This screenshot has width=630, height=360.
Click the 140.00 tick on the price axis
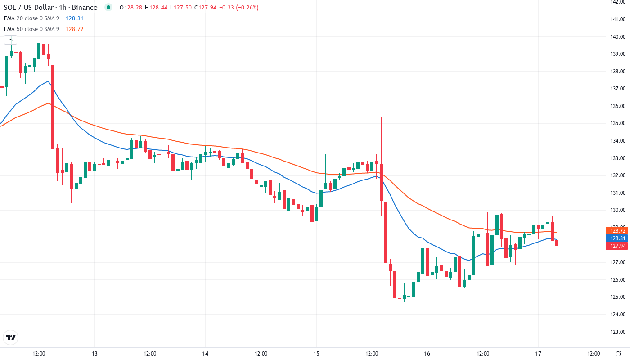click(x=617, y=36)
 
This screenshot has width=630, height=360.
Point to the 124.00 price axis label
click(x=617, y=314)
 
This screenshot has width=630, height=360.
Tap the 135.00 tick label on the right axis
click(x=617, y=123)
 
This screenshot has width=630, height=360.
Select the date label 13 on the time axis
click(x=94, y=354)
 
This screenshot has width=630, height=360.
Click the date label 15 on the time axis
click(x=316, y=354)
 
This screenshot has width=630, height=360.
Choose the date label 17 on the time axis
click(x=538, y=354)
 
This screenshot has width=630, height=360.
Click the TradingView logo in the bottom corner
click(x=11, y=337)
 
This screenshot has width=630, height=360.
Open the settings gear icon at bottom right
click(x=619, y=354)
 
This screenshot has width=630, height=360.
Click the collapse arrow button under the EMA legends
click(x=10, y=40)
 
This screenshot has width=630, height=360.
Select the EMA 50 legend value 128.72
click(x=74, y=29)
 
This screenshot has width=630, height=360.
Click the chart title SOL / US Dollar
click(x=29, y=8)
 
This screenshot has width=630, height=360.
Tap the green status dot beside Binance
click(x=108, y=8)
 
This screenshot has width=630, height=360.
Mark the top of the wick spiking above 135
click(x=381, y=117)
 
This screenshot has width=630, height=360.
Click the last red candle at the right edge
click(x=557, y=243)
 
